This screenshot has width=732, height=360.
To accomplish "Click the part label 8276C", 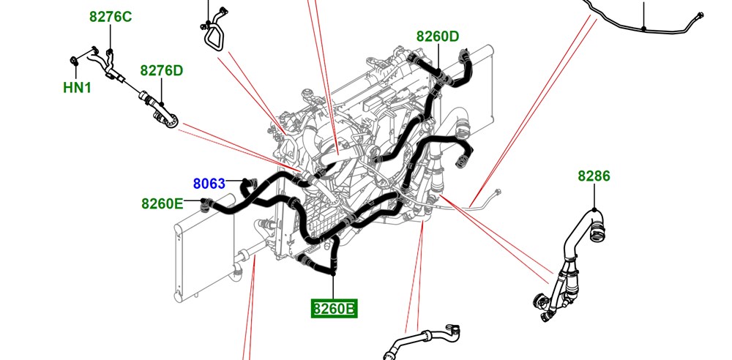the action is click(111, 18).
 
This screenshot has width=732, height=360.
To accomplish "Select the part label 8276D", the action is click(162, 71).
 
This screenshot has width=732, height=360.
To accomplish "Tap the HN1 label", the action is click(77, 87).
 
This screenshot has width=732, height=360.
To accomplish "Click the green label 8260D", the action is click(438, 37).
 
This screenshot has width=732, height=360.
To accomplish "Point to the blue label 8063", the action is click(209, 184).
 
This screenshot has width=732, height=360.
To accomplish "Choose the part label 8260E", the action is click(163, 204).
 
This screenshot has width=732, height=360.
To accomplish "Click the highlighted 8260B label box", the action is click(335, 309).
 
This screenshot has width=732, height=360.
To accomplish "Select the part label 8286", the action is click(594, 176).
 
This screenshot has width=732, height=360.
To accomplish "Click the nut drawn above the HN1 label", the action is click(75, 60).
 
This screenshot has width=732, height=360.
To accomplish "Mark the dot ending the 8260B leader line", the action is click(333, 274).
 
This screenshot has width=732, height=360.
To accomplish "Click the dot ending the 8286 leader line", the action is click(594, 210).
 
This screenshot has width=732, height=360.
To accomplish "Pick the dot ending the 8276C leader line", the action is click(111, 50).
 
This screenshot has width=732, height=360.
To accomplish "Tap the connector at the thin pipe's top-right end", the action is click(700, 15).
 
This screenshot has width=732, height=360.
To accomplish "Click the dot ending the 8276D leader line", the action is click(162, 104).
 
